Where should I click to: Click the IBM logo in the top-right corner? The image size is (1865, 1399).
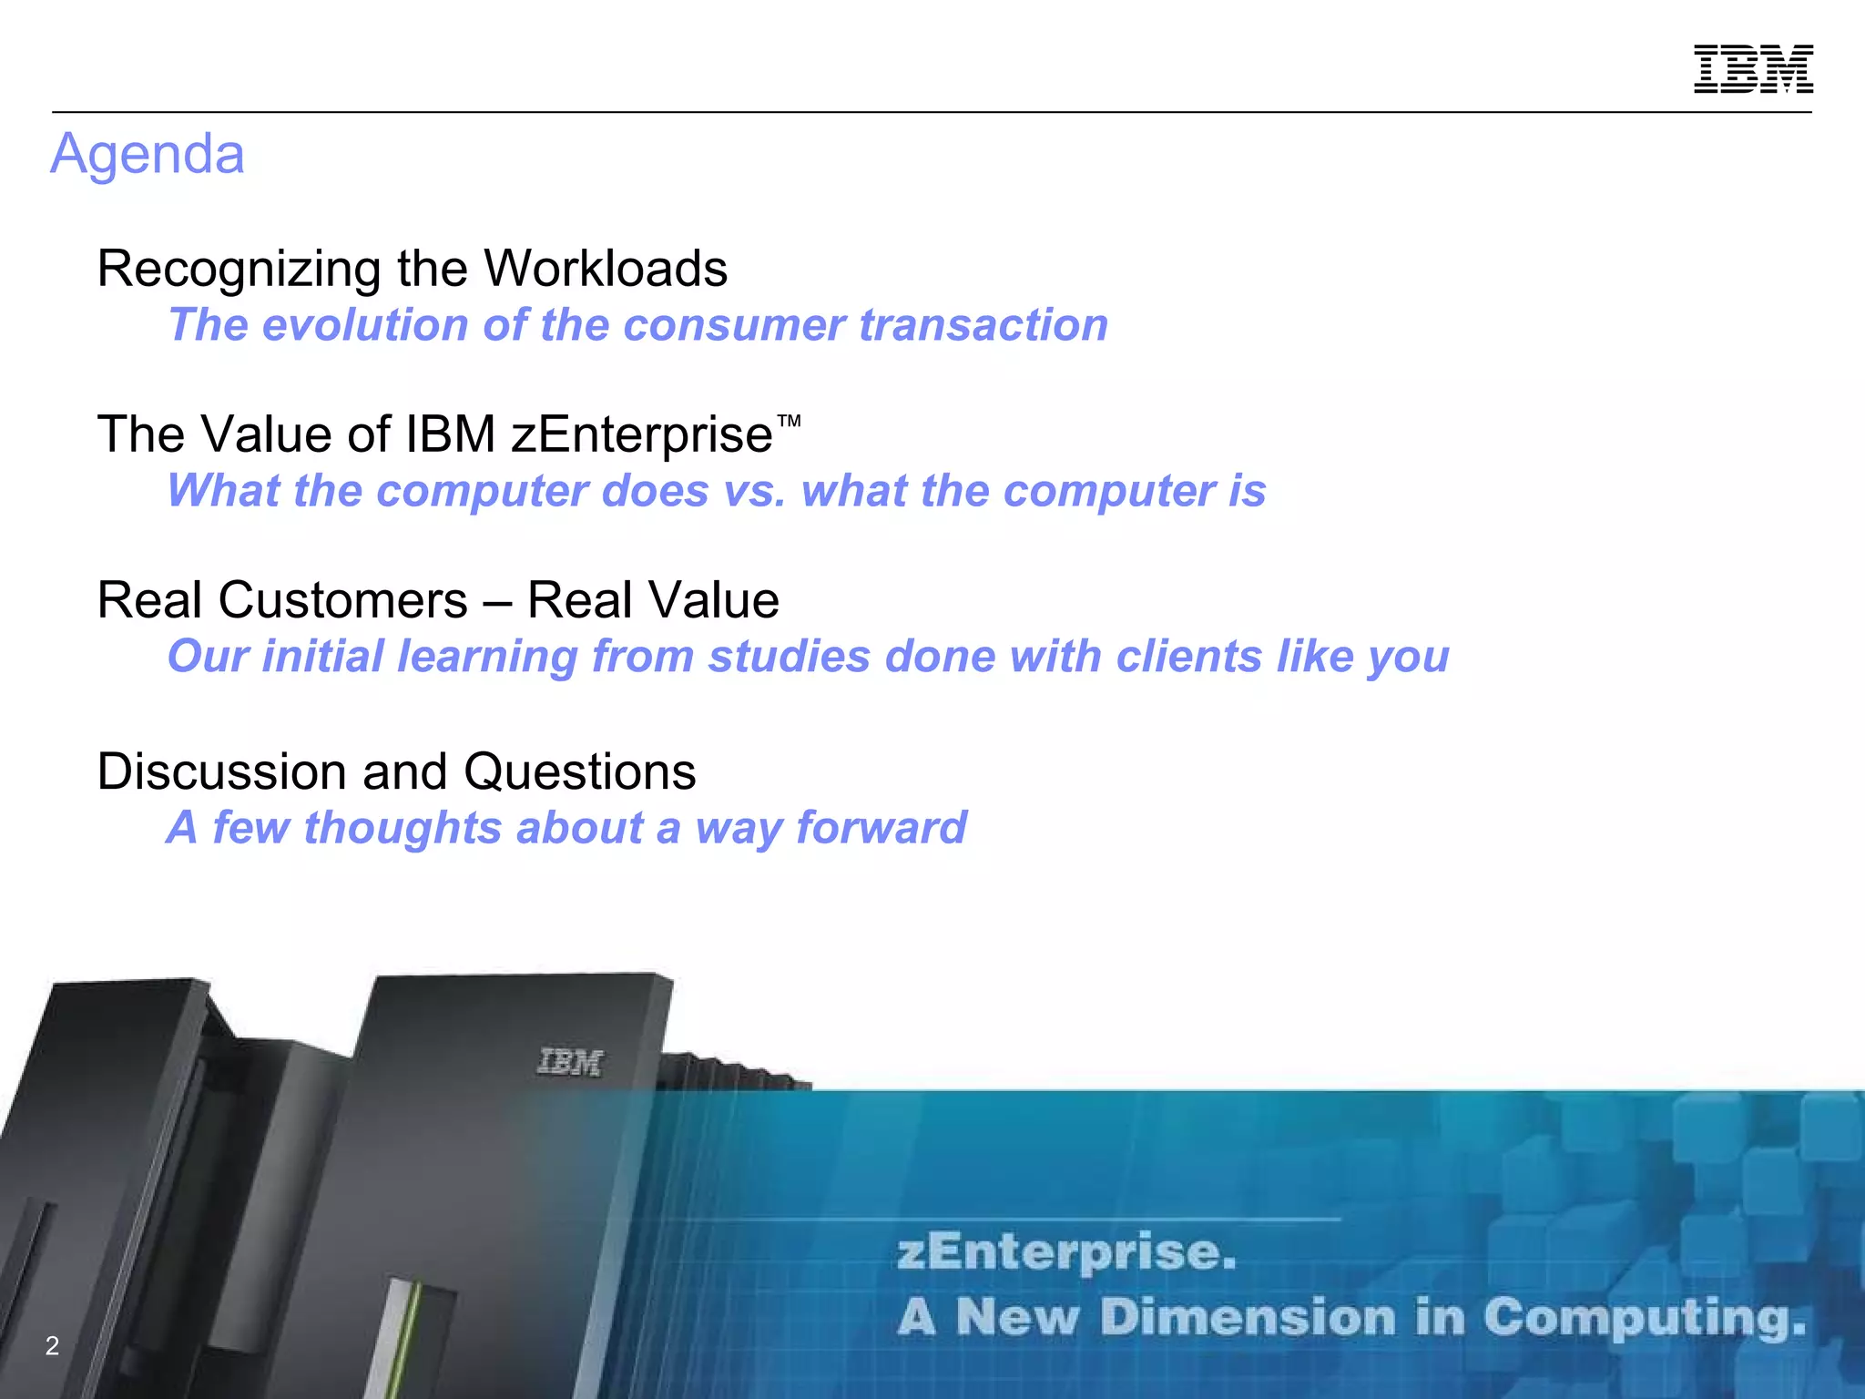(x=1753, y=68)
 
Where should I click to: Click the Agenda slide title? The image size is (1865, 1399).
(x=148, y=154)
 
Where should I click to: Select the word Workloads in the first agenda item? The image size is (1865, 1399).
(x=606, y=269)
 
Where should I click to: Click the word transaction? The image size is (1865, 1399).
(x=983, y=325)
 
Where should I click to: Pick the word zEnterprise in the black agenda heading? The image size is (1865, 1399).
(x=642, y=434)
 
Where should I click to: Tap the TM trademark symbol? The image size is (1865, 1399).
(x=789, y=421)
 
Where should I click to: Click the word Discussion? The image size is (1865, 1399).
(x=222, y=772)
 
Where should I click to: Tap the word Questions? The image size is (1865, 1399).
(x=580, y=772)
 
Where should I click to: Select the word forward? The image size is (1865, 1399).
(x=881, y=828)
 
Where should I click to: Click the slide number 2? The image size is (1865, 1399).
(x=52, y=1345)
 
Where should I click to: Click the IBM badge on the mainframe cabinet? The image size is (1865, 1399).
(x=570, y=1062)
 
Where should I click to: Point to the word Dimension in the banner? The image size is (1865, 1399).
(x=1248, y=1318)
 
